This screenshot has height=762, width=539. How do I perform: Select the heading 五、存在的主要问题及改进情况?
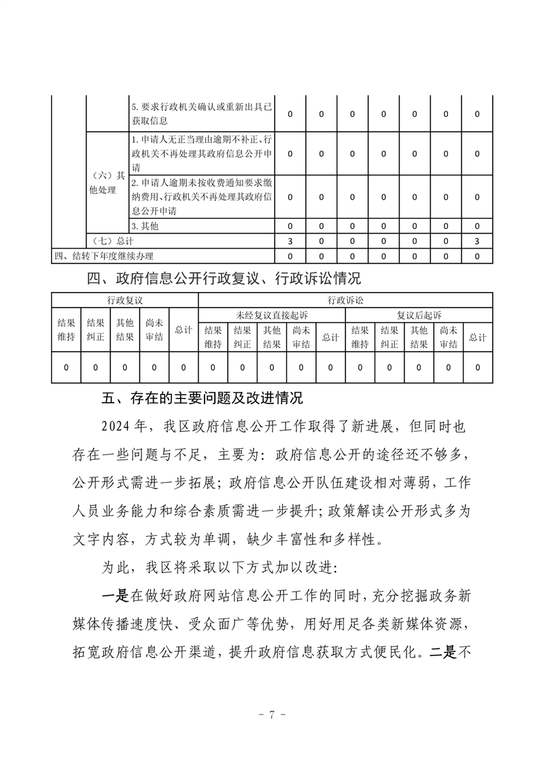coord(210,398)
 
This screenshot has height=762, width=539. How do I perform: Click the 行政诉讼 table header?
coord(346,300)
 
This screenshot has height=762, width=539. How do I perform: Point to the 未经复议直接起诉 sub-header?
coord(272,315)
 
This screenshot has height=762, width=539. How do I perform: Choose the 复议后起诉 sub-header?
coord(419,315)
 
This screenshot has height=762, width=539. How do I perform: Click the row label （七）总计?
coord(112,241)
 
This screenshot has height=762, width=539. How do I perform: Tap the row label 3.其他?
coord(145,226)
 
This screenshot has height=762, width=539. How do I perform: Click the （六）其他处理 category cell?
coord(107,182)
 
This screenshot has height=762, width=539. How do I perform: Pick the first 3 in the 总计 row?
coord(290,241)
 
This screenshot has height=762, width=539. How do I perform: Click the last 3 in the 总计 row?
coord(477,241)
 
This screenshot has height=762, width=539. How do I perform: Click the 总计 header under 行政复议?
coord(184,330)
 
